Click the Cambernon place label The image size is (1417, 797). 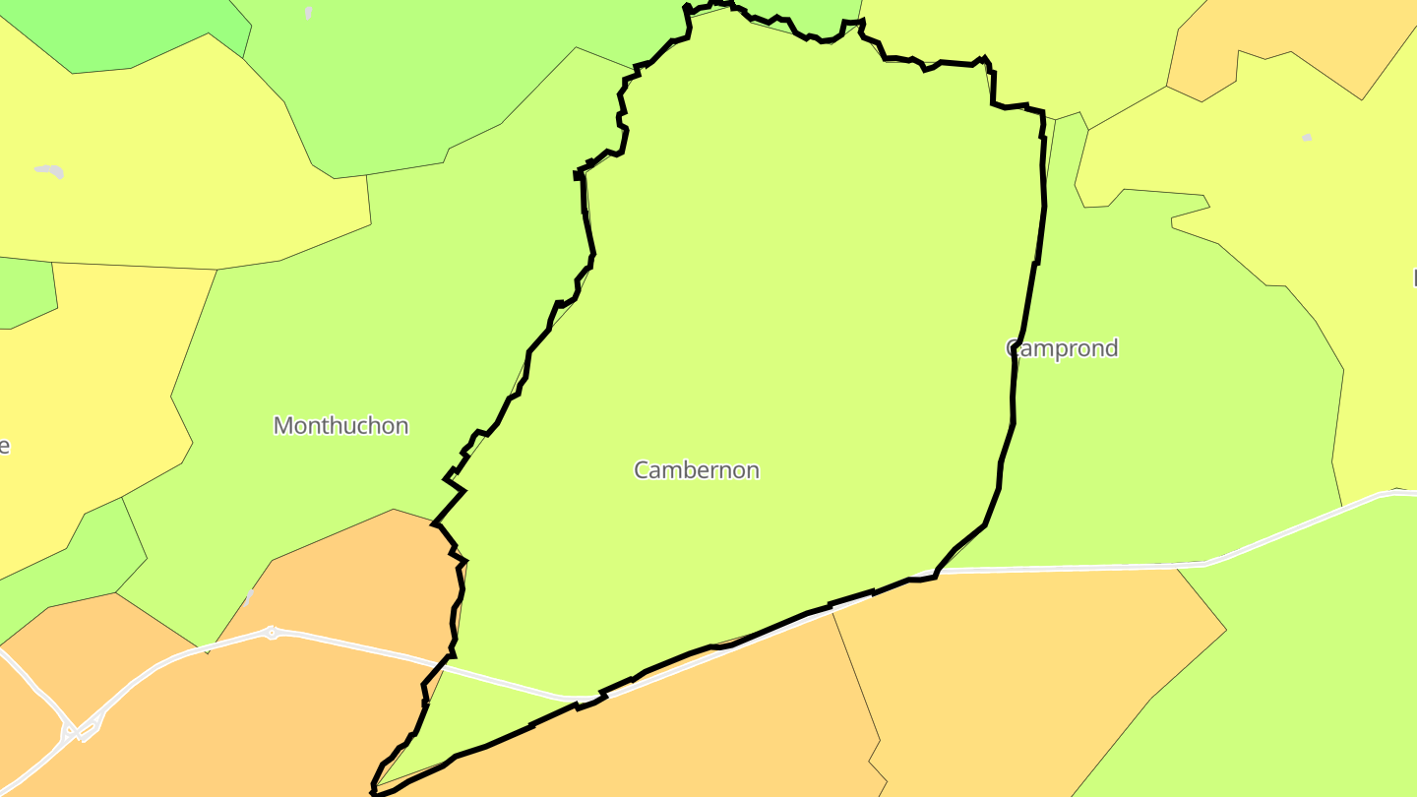click(697, 470)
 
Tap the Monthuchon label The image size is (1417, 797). click(340, 426)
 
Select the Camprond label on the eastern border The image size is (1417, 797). click(1063, 348)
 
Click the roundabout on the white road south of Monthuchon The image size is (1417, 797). click(272, 633)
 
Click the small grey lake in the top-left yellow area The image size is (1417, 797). click(50, 171)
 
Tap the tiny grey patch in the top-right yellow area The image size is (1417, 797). click(1307, 138)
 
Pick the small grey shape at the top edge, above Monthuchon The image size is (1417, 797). click(309, 13)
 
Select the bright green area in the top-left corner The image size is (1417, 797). click(128, 30)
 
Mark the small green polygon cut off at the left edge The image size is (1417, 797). click(25, 292)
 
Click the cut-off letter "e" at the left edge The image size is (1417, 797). click(4, 446)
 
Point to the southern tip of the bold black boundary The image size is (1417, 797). click(374, 790)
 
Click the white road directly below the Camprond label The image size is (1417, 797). click(1063, 568)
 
